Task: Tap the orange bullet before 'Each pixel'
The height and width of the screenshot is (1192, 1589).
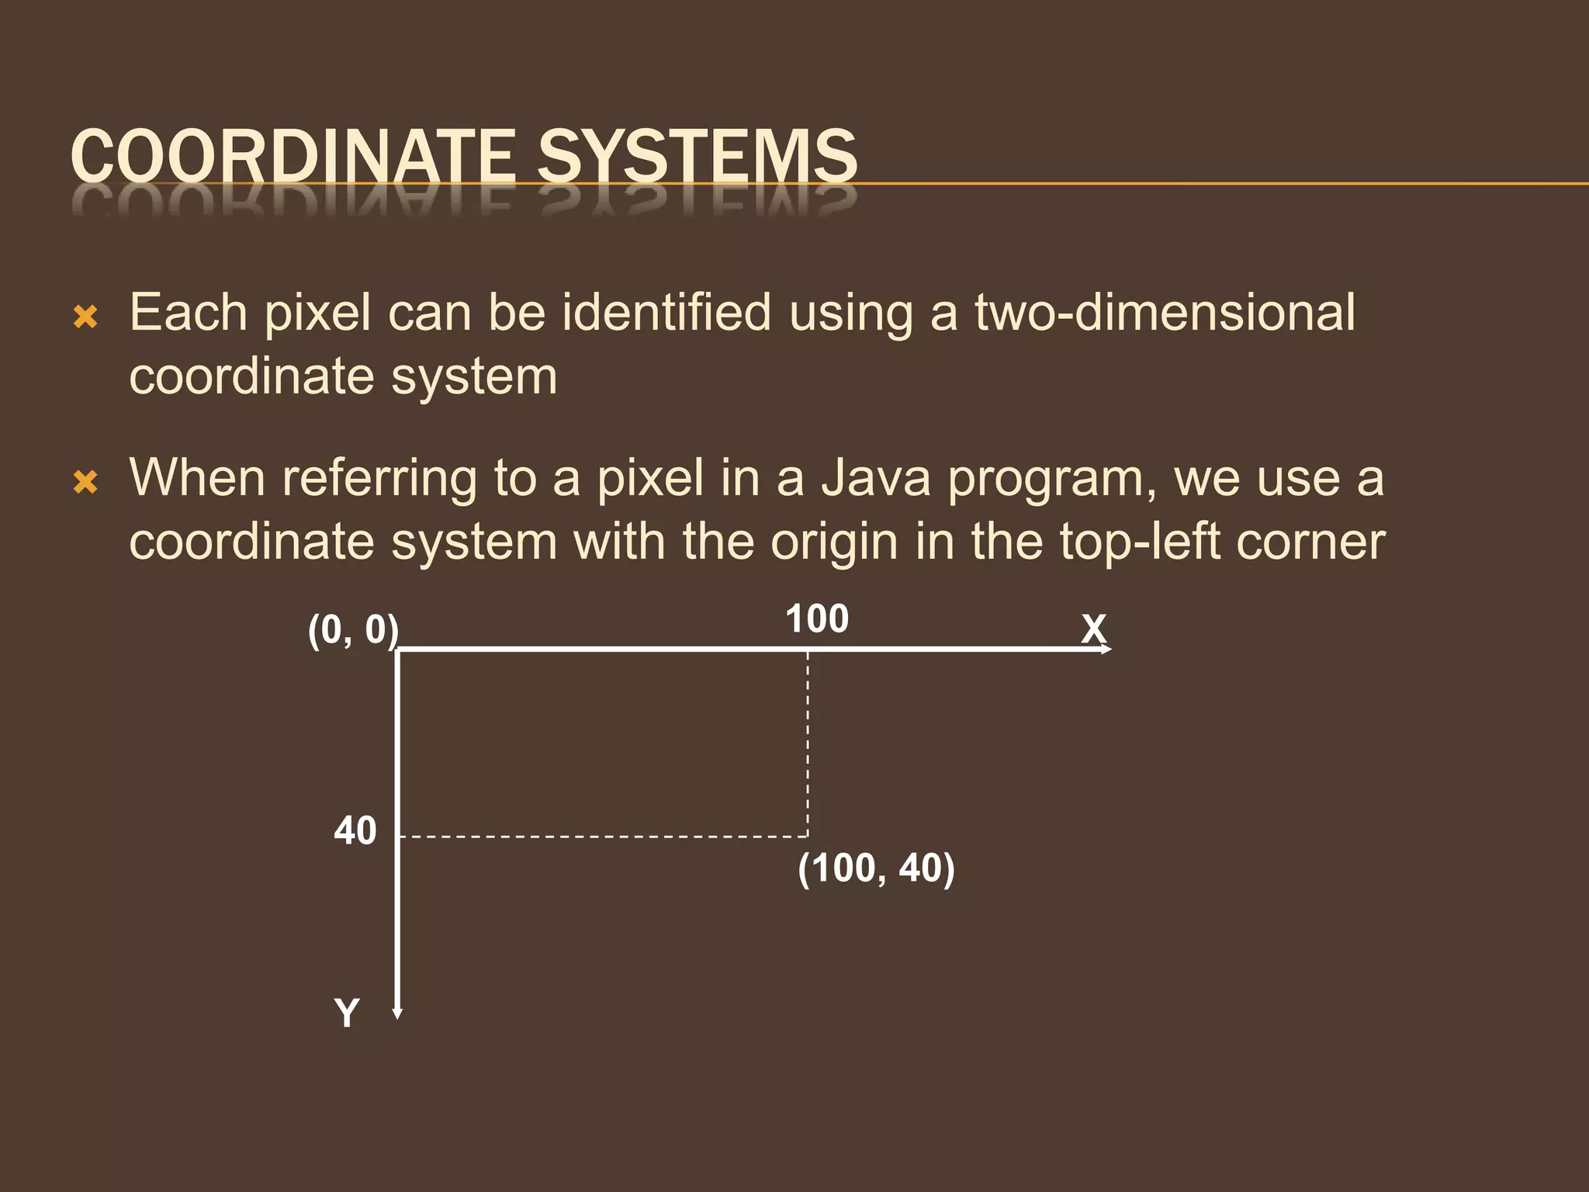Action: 85,317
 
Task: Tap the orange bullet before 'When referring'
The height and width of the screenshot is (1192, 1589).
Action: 85,482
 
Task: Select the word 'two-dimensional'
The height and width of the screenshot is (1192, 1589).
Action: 1165,313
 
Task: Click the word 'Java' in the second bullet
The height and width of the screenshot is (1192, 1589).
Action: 876,478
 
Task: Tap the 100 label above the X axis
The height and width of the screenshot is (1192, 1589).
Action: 817,619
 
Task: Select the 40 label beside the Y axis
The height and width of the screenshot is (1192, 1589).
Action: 355,831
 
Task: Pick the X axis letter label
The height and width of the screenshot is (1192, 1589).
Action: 1094,629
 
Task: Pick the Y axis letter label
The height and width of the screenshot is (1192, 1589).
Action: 347,1014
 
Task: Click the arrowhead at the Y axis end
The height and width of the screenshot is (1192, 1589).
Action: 397,1013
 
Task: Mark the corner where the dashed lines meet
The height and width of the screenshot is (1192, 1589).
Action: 808,837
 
